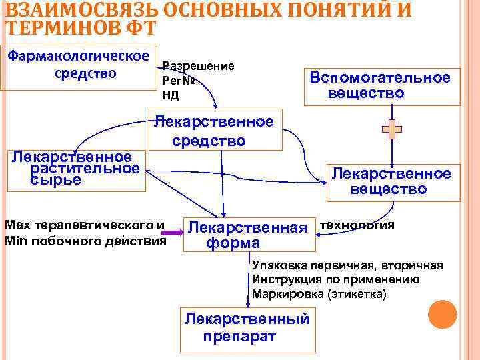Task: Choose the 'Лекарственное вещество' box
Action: point(392,181)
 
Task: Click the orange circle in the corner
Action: point(441,314)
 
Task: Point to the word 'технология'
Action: point(357,225)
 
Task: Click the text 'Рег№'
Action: point(178,81)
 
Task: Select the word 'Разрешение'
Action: point(199,67)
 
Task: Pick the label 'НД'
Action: point(171,95)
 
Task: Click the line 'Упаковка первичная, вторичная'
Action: point(347,265)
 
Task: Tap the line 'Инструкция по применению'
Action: point(336,279)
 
